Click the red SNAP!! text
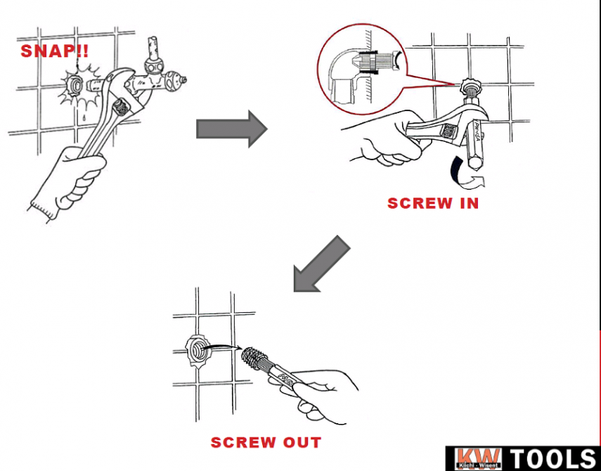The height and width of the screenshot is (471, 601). click(x=55, y=51)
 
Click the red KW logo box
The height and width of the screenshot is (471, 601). click(x=478, y=459)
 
